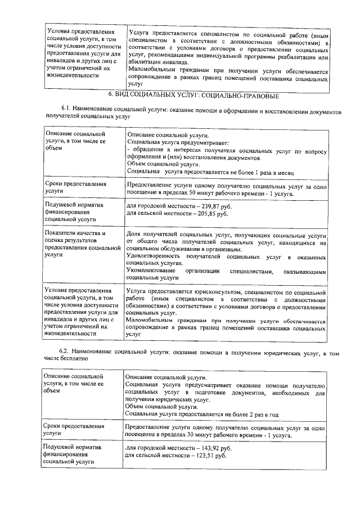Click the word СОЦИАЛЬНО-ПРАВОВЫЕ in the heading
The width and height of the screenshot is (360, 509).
[x=232, y=96]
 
